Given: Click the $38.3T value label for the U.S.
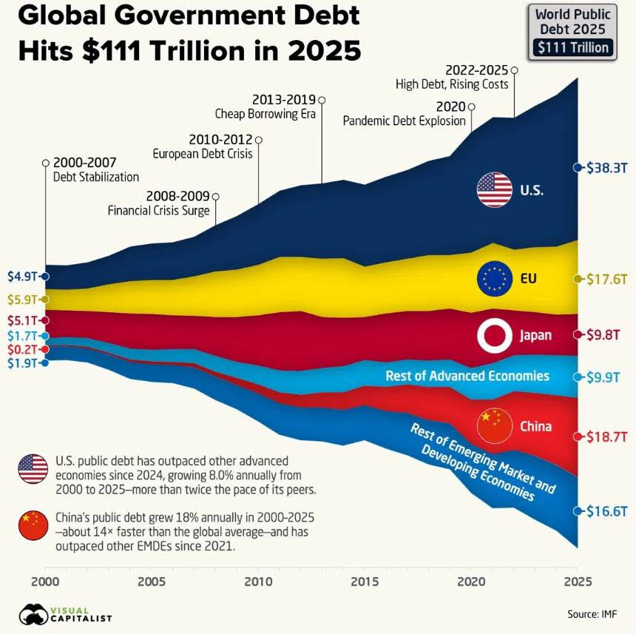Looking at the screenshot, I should point(606,168).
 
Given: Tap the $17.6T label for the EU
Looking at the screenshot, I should point(606,279).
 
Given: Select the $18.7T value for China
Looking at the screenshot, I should point(606,436).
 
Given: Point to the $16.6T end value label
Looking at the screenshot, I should point(606,511).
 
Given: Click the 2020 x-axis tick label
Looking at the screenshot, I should point(471,581).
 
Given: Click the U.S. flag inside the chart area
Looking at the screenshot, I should point(494,189).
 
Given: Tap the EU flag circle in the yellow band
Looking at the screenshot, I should point(495,279).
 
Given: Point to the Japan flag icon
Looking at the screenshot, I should point(494,335).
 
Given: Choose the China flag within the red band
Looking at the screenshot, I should point(494,426).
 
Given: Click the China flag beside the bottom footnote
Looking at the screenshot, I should point(33,525).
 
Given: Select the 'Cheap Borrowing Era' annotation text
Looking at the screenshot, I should point(265,114).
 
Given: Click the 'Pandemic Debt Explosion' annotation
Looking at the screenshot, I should point(404,121).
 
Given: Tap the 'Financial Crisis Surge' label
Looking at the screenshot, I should point(159,210).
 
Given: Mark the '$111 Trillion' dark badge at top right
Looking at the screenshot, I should point(574,48).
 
